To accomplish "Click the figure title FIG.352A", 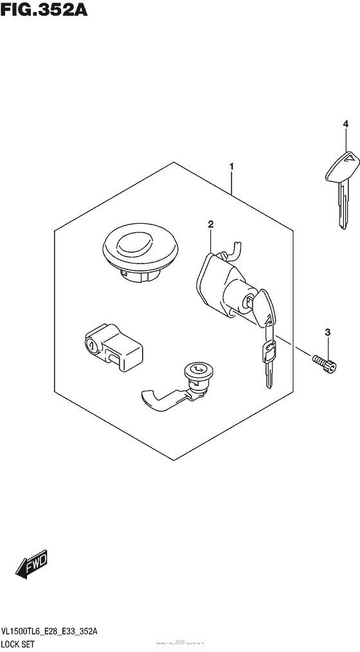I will [x=39, y=11].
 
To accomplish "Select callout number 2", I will [x=210, y=224].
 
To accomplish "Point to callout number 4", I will [x=345, y=123].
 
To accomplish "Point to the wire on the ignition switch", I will [x=235, y=248].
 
